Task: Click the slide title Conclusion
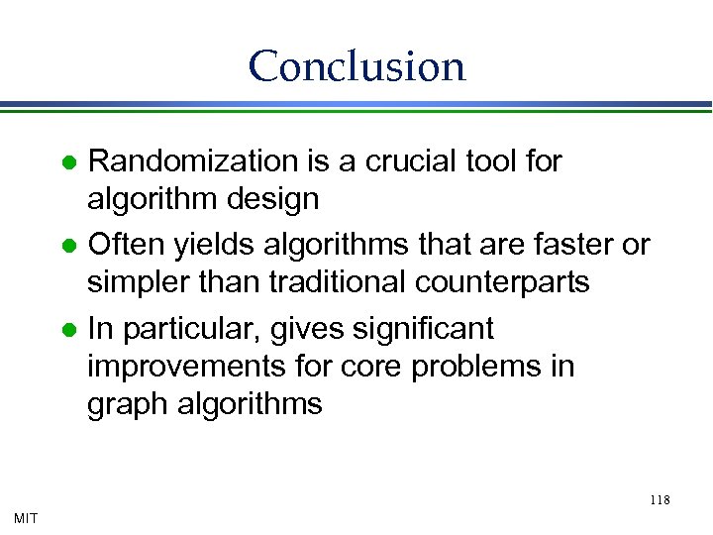click(x=356, y=66)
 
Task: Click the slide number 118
click(x=661, y=499)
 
